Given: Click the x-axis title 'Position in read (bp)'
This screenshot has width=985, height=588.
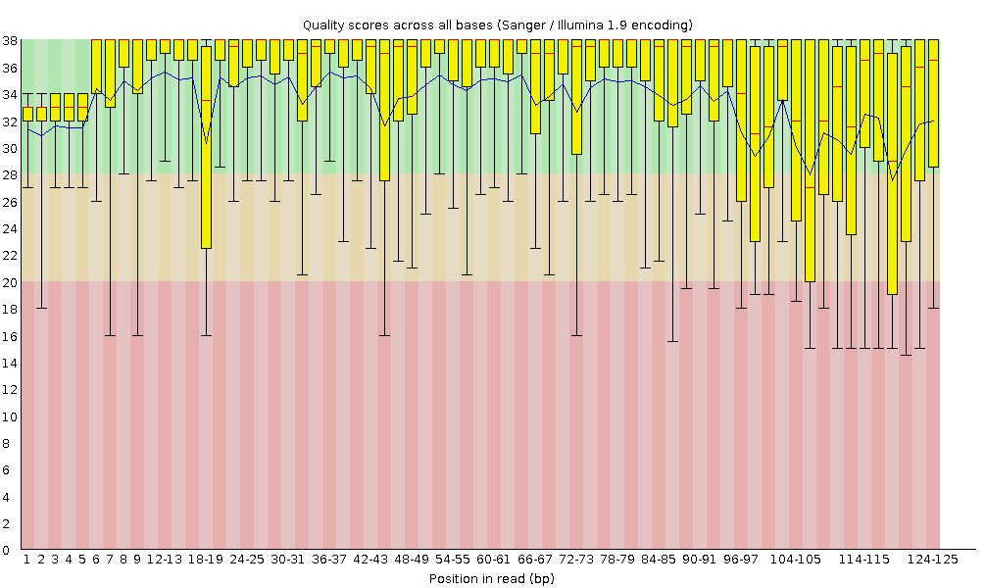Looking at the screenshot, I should [x=497, y=578].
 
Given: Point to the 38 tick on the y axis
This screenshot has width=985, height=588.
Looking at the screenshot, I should [x=9, y=41].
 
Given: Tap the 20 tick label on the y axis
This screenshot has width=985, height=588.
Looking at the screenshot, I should [x=9, y=282].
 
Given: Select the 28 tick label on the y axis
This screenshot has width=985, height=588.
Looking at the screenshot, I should [x=9, y=174].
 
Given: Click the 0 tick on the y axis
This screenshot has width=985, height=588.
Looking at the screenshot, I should [x=9, y=550].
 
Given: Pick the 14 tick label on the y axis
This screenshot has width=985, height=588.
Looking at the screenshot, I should [x=9, y=363].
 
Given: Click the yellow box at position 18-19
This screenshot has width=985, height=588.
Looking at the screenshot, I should [x=206, y=147].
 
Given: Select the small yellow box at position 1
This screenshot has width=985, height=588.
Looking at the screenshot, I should [x=27, y=115].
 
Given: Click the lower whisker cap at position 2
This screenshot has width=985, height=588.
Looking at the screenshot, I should [x=41, y=308].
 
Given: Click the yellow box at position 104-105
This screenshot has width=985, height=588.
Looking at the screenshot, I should [x=810, y=161].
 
